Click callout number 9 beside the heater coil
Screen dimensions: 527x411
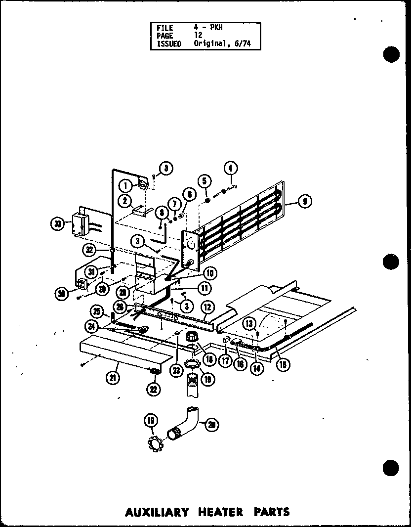point(306,201)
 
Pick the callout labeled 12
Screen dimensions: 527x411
point(207,307)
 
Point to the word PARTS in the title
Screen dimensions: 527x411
point(270,512)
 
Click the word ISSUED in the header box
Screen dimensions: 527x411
point(168,44)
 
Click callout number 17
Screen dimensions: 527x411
point(226,361)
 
